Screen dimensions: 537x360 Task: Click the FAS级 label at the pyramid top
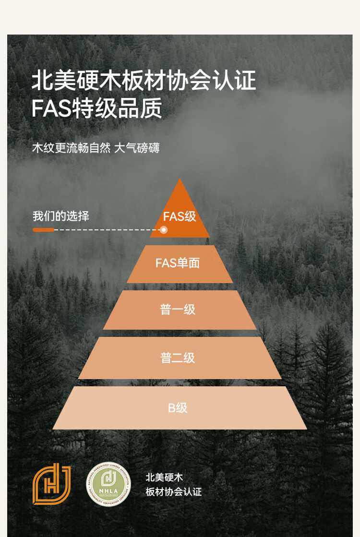[x=180, y=216]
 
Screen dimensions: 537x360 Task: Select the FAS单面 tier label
[x=178, y=263]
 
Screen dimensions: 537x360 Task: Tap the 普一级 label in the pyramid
[x=178, y=310]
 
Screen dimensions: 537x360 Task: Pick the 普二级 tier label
[x=178, y=358]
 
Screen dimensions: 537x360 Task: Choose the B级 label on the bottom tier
[x=178, y=408]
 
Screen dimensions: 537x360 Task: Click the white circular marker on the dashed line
[x=164, y=230]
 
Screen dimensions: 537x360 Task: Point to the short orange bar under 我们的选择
[x=43, y=230]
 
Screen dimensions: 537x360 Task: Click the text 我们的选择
[x=61, y=216]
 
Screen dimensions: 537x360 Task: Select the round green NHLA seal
[x=108, y=484]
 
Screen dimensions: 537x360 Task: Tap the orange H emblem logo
[x=51, y=484]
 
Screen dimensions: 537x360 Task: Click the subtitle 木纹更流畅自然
[x=71, y=148]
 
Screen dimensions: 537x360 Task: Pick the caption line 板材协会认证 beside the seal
[x=174, y=492]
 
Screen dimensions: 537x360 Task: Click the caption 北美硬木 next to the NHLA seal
[x=164, y=477]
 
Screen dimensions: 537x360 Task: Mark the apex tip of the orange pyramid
[x=180, y=180]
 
